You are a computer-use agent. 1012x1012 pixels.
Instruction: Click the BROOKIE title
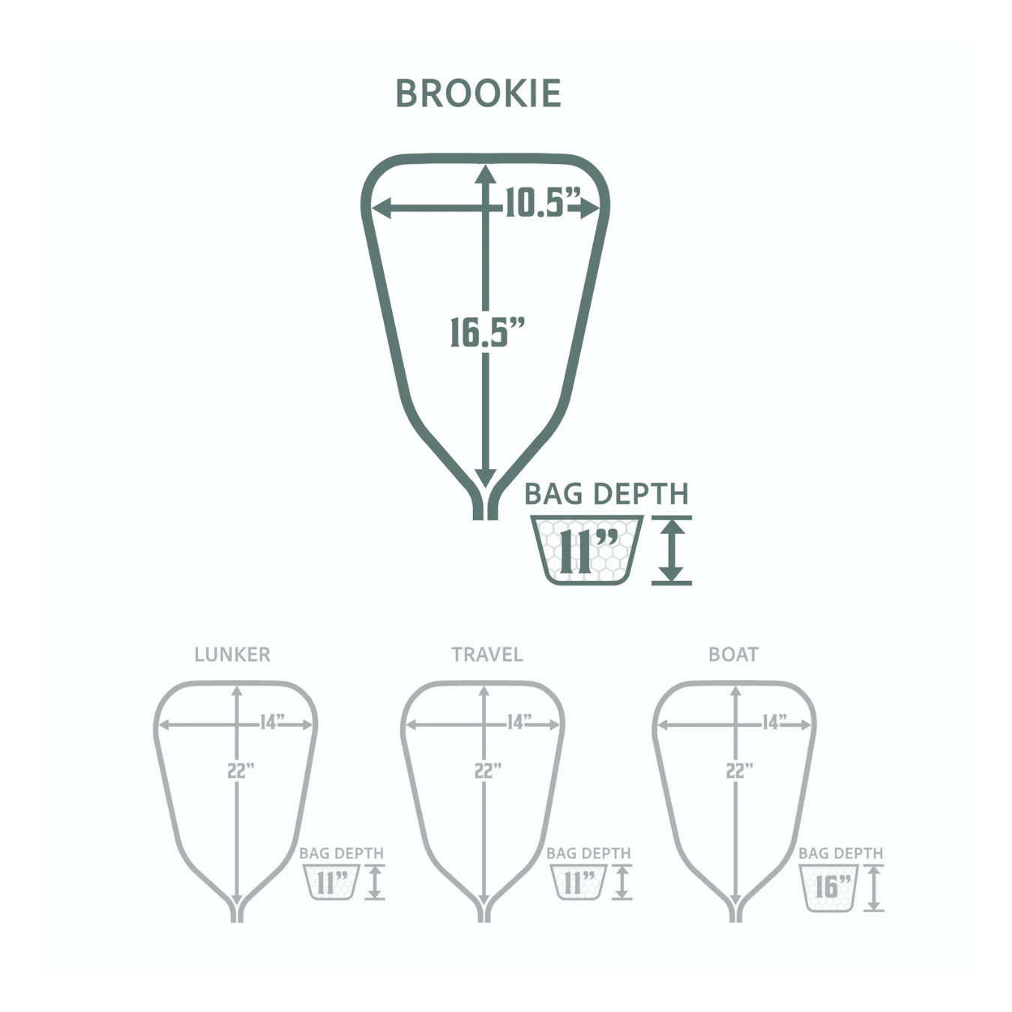(x=478, y=94)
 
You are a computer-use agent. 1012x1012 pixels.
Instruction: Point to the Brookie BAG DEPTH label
(x=606, y=494)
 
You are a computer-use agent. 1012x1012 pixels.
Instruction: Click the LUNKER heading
(x=232, y=654)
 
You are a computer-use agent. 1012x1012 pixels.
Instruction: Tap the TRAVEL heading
(x=487, y=654)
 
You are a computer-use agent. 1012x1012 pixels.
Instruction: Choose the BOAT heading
(x=733, y=654)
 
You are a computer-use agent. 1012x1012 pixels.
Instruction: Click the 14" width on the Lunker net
(x=272, y=722)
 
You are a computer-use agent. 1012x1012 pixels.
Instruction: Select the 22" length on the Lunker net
(x=241, y=771)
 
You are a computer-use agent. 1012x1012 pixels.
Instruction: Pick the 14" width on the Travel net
(x=519, y=722)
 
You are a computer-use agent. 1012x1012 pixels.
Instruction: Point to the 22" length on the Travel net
(x=488, y=771)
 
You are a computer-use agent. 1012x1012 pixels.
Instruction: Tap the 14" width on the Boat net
(x=774, y=722)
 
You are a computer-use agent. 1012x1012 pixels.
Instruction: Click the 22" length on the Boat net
(x=739, y=771)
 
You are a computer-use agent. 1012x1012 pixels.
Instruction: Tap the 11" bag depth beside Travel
(x=579, y=882)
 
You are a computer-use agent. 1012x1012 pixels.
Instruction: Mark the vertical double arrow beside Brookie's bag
(x=672, y=551)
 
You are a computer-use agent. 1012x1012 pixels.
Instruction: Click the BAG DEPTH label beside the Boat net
(x=840, y=853)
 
